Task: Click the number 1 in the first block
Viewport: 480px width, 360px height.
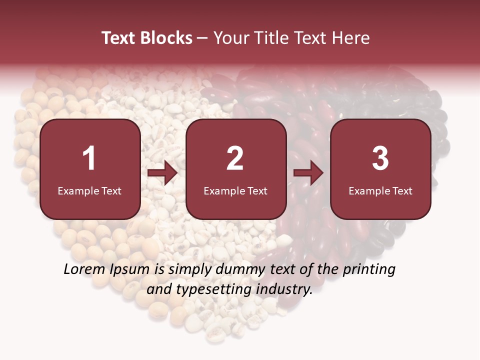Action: tap(89, 158)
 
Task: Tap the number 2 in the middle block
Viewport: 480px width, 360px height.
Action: tap(235, 158)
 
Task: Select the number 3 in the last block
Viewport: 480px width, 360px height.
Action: tap(380, 158)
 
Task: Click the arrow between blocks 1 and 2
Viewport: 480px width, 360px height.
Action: tap(162, 173)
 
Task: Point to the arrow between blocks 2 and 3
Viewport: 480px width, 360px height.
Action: tap(308, 173)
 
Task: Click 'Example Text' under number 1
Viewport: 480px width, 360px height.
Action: tap(89, 190)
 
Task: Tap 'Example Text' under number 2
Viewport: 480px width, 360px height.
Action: tap(235, 190)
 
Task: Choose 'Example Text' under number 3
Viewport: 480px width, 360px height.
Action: tap(380, 190)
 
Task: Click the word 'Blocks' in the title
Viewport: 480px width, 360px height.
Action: tap(166, 38)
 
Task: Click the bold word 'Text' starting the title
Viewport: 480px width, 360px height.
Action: tap(119, 38)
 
